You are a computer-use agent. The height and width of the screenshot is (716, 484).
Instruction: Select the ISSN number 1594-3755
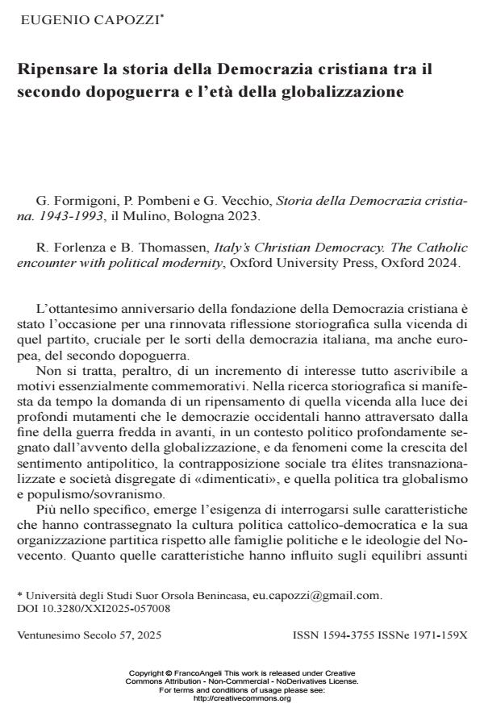(x=347, y=635)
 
